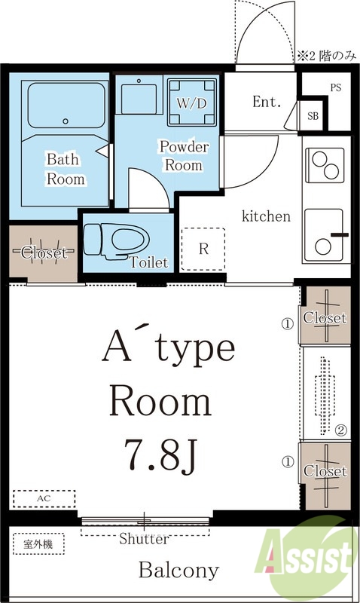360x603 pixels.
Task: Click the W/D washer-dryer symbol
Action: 193,102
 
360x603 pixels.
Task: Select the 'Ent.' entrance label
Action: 267,102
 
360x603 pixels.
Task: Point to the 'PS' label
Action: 335,87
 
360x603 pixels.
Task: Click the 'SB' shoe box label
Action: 313,116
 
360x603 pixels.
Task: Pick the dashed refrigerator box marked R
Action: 203,249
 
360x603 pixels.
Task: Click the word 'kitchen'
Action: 266,216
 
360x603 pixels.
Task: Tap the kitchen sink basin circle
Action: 323,246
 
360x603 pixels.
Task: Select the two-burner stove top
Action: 325,165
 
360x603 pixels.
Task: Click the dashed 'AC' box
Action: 44,499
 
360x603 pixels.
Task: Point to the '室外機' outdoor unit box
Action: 38,543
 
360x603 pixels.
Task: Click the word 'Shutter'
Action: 144,539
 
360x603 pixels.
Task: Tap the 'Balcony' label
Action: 179,571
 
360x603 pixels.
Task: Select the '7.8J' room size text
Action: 160,456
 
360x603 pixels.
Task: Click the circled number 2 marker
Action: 341,430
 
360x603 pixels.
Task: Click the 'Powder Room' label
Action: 185,156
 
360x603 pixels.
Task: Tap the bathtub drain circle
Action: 66,121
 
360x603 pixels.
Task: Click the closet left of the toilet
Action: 44,253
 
